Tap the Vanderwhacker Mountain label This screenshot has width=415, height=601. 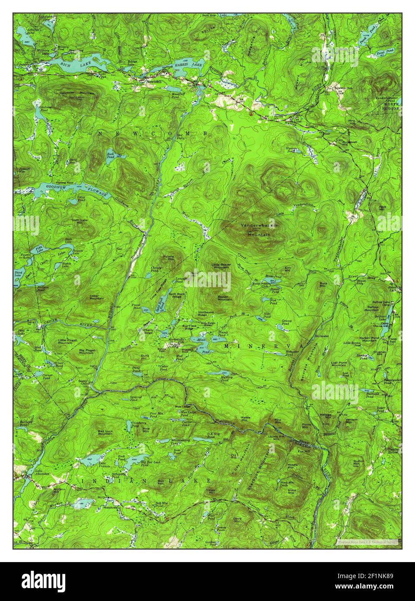259,230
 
